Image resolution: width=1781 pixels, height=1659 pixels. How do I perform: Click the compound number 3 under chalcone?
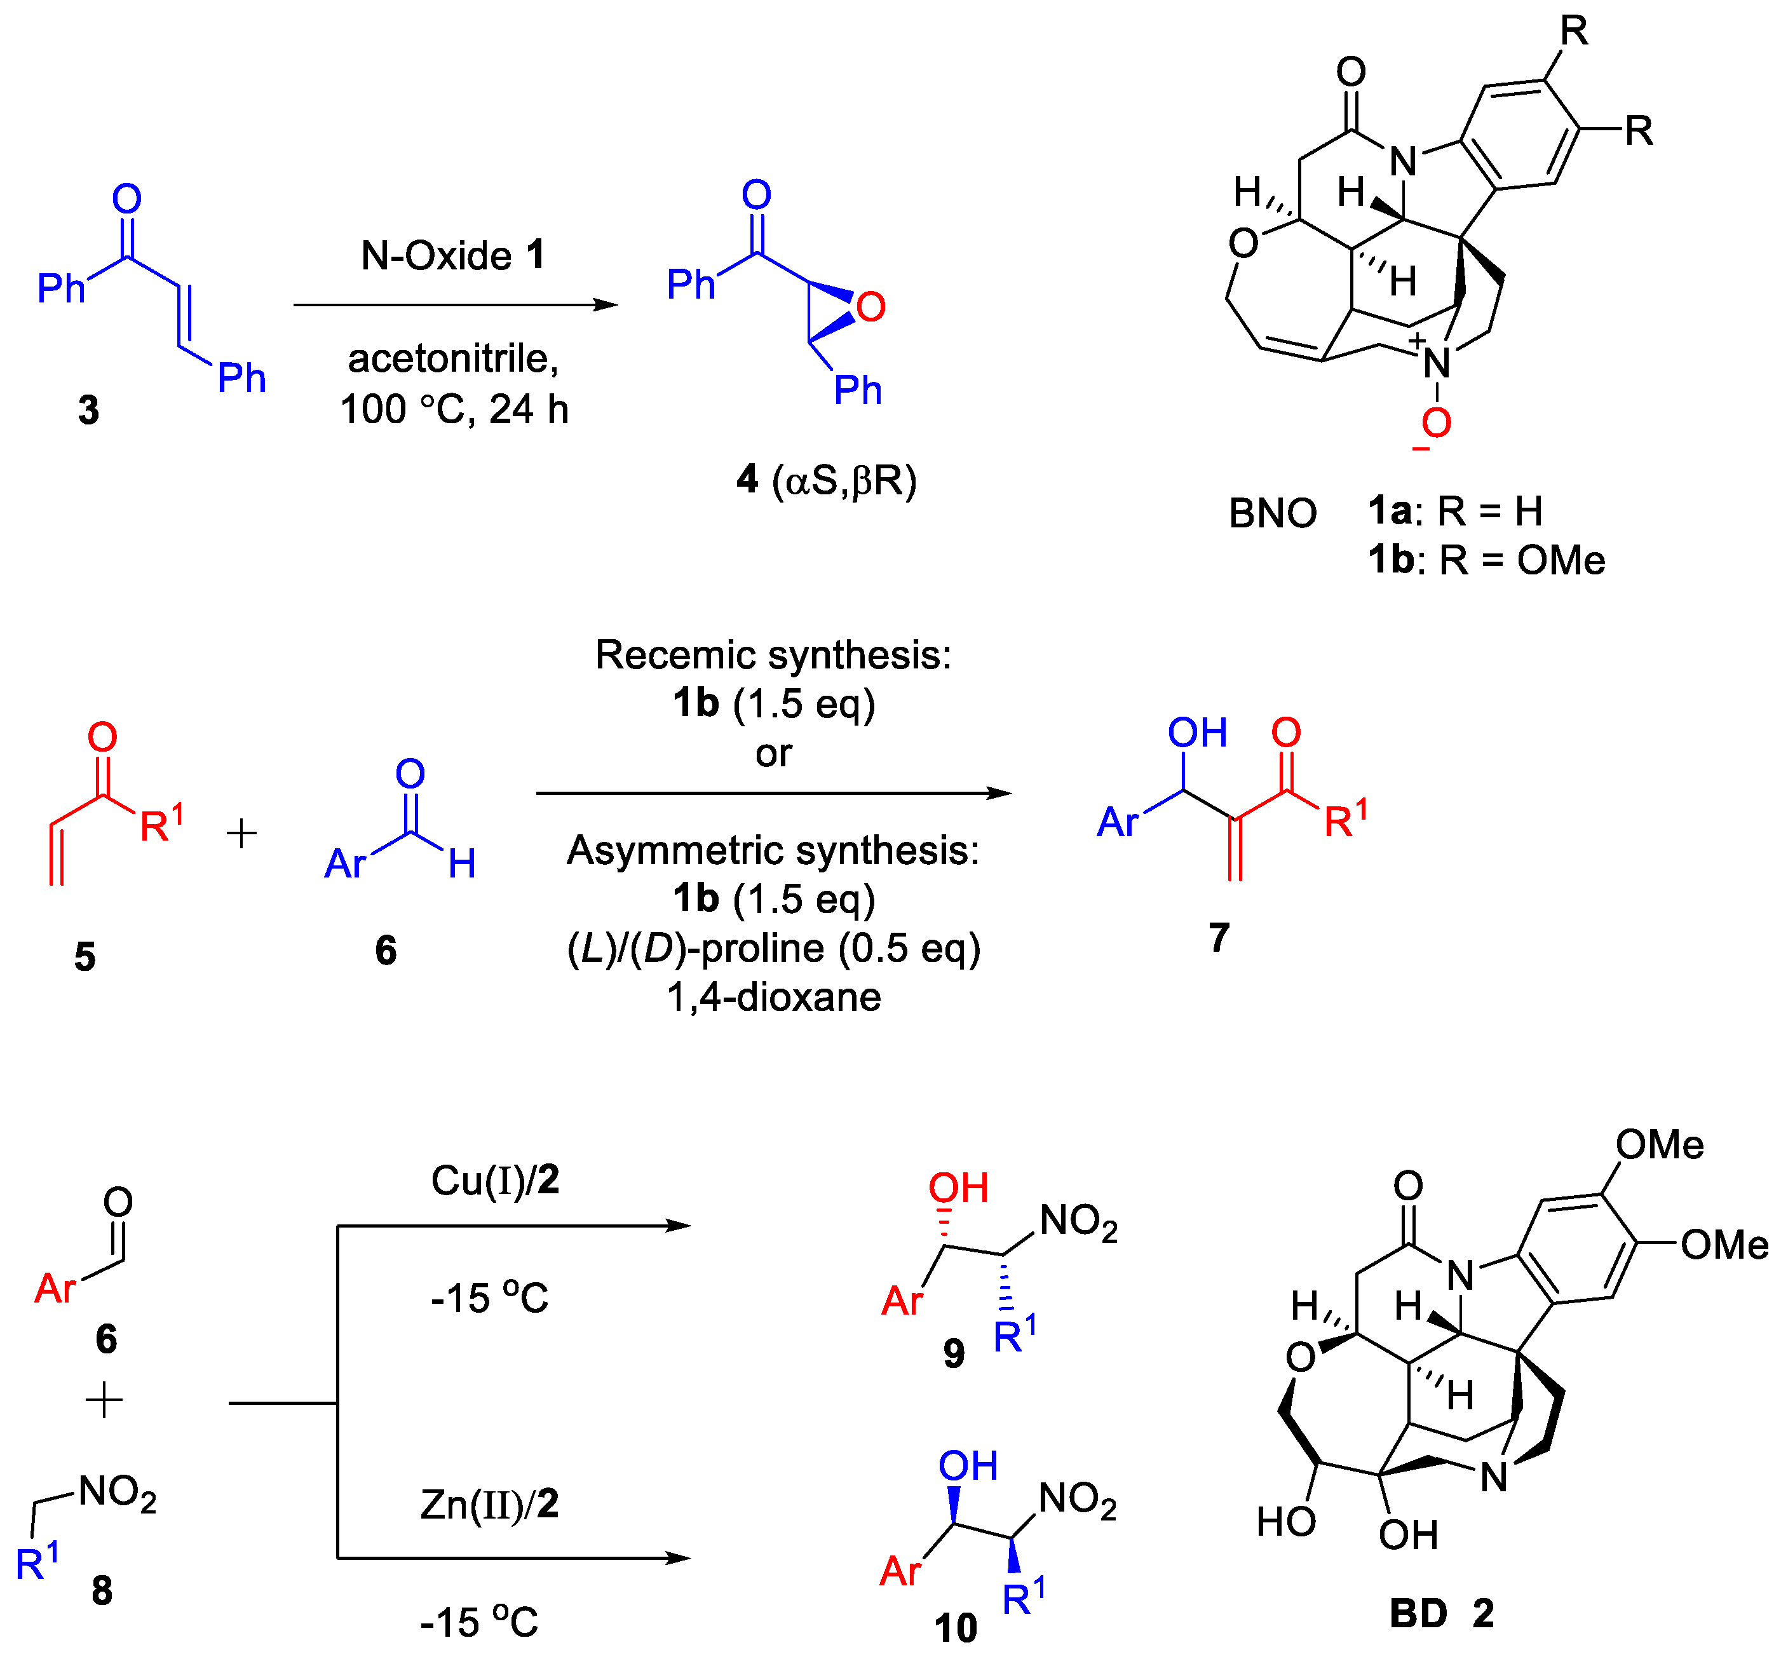click(x=88, y=410)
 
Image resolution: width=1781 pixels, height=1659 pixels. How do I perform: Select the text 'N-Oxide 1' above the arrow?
click(x=452, y=255)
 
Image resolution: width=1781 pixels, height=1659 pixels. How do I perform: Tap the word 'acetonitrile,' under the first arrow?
click(x=452, y=358)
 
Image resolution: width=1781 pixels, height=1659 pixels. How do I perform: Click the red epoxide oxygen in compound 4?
click(x=870, y=308)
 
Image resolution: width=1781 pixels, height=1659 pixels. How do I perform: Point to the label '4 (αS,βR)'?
click(x=826, y=480)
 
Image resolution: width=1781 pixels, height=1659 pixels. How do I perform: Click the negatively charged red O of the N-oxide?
click(x=1435, y=423)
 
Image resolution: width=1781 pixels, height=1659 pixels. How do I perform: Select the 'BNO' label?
click(x=1272, y=514)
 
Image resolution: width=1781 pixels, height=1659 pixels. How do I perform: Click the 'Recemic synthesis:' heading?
click(x=773, y=655)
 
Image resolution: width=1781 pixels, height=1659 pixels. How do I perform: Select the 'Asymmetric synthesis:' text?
click(x=773, y=850)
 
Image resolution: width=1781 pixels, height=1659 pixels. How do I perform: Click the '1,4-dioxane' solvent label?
click(x=773, y=997)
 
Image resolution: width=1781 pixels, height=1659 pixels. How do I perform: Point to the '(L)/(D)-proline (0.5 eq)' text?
click(x=773, y=948)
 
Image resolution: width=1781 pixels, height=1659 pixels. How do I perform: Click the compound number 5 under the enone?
click(x=85, y=957)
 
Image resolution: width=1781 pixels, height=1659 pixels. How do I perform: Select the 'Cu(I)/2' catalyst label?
click(x=494, y=1181)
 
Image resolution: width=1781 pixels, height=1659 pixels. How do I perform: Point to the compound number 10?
click(x=955, y=1628)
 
